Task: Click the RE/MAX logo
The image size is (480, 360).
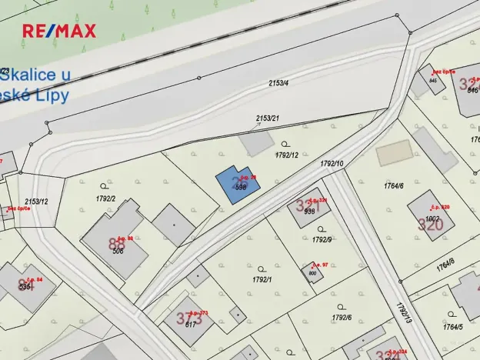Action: click(59, 31)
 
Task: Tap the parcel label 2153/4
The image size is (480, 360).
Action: click(278, 83)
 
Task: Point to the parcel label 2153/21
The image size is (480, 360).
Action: click(267, 118)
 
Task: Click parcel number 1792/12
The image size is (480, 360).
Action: click(286, 155)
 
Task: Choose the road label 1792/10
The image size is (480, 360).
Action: click(331, 164)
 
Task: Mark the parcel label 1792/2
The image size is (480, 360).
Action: click(105, 198)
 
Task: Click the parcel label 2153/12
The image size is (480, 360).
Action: click(36, 202)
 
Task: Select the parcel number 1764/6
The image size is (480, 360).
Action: click(393, 185)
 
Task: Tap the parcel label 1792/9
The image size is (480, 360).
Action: click(322, 239)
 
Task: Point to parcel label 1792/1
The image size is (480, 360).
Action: click(262, 278)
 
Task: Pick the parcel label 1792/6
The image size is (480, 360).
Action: click(342, 317)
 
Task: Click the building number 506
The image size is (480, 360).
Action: click(118, 250)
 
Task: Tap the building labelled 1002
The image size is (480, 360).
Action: click(431, 218)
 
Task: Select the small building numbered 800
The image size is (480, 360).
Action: click(312, 273)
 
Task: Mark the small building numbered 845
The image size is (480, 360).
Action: click(433, 80)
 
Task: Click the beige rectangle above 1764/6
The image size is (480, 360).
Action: click(395, 152)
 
